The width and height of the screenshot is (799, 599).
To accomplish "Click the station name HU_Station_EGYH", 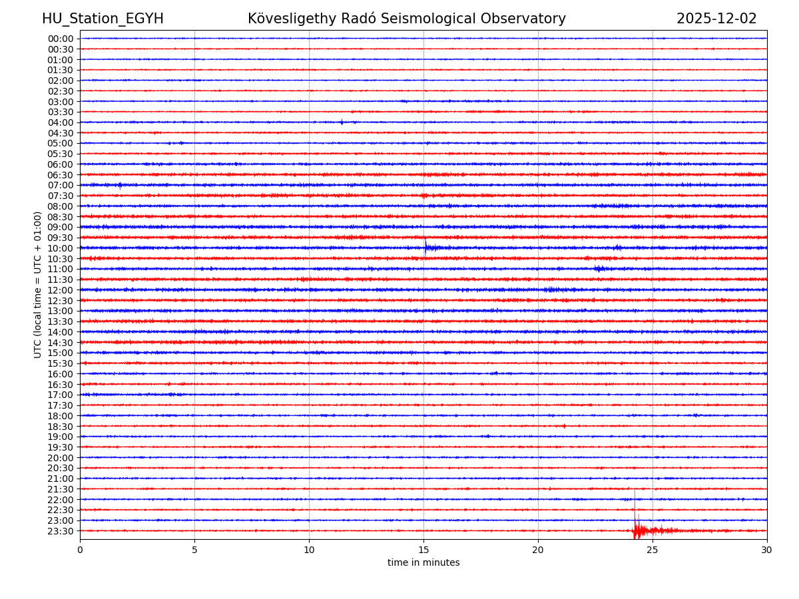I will pos(103,19).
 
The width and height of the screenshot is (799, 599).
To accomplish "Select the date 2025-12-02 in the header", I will pos(716,19).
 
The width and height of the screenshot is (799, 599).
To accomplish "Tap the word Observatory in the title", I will pos(527,19).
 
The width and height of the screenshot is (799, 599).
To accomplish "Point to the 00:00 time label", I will pos(61,39).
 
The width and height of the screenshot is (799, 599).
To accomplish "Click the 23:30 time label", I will pos(61,531).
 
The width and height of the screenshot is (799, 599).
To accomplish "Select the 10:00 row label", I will pos(61,248).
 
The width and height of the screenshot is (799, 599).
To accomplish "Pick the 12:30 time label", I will pos(61,301).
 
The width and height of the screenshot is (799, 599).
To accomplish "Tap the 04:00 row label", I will pos(61,122).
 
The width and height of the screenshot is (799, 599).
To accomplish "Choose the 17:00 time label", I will pos(61,395).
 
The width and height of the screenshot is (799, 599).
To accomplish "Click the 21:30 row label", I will pos(61,489).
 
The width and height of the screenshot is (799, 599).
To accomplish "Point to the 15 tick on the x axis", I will pos(423,550).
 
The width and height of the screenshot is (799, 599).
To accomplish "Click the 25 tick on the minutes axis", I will pos(653,550).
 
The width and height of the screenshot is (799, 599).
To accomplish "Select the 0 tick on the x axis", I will pos(80,550).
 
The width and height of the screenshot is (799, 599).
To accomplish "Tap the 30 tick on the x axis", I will pos(767,550).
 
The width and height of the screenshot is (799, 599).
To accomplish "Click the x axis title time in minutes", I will pos(423,563).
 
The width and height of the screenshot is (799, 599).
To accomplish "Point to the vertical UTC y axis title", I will pos(38,284).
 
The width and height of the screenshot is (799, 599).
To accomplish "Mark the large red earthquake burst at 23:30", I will pos(637,530).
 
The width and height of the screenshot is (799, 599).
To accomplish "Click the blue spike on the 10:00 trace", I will pos(425,247).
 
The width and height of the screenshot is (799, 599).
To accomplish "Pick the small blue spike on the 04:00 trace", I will pos(342,122).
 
